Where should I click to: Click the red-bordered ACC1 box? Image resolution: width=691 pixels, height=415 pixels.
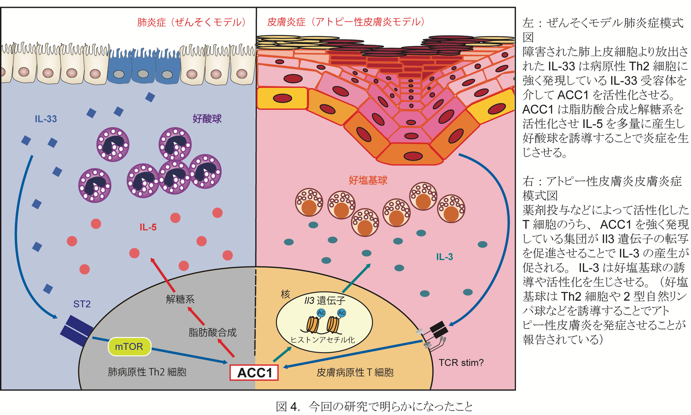pyautogui.click(x=254, y=372)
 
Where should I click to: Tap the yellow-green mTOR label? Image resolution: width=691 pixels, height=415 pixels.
pyautogui.click(x=129, y=347)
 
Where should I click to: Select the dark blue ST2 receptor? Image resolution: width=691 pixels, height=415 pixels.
pyautogui.click(x=76, y=329)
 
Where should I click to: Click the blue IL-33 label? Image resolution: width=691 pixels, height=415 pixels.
pyautogui.click(x=46, y=119)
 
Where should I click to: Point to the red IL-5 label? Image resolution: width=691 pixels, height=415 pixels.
pyautogui.click(x=148, y=227)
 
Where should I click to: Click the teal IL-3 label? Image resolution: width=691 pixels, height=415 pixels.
pyautogui.click(x=444, y=257)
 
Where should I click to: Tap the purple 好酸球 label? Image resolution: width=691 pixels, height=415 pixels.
pyautogui.click(x=207, y=119)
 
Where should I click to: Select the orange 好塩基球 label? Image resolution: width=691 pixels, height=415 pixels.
pyautogui.click(x=368, y=181)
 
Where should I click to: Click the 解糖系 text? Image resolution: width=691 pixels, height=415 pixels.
pyautogui.click(x=180, y=299)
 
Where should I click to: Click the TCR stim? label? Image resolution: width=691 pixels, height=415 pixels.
pyautogui.click(x=461, y=363)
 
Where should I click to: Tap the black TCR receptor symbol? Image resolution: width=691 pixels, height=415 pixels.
pyautogui.click(x=438, y=329)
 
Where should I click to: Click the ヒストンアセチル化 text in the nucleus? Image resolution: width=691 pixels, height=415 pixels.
pyautogui.click(x=323, y=340)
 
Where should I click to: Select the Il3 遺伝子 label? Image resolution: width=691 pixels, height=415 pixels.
pyautogui.click(x=325, y=301)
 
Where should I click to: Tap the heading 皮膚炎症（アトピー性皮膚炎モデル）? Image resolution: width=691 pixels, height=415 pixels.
pyautogui.click(x=346, y=22)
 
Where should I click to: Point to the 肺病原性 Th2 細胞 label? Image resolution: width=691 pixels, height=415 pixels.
pyautogui.click(x=147, y=372)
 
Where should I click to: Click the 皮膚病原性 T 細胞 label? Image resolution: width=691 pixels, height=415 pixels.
pyautogui.click(x=355, y=372)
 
